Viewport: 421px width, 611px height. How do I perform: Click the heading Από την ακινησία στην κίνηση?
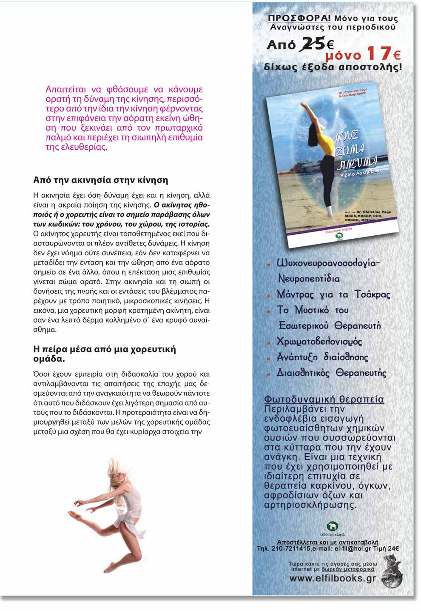point(101,180)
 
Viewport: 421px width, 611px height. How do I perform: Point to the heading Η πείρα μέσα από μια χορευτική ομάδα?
point(105,354)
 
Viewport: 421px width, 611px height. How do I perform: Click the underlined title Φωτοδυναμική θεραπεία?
point(324,400)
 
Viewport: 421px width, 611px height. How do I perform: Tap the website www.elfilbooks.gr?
point(333,578)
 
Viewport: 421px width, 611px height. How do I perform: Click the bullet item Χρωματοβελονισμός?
point(319,342)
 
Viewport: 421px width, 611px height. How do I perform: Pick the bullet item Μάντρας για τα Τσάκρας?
point(333,294)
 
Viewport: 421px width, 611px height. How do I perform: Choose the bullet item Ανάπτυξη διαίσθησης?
point(322,357)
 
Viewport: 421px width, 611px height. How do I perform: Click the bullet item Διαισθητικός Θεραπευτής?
point(332,373)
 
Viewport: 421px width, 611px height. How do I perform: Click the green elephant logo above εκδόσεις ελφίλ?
point(332,526)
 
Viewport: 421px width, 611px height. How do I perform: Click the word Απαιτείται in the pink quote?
point(65,90)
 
